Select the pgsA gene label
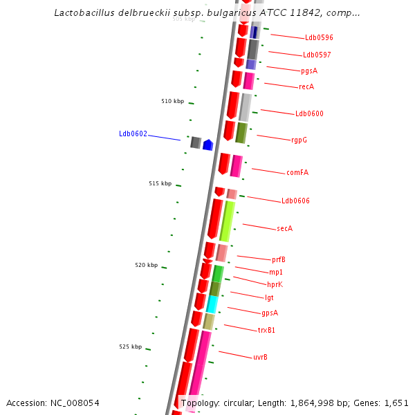coord(309,71)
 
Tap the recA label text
coord(306,87)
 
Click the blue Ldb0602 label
coord(133,134)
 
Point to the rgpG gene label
coord(299,140)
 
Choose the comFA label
coord(297,172)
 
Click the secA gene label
coord(284,228)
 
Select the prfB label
coord(279,260)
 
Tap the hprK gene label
coord(275,284)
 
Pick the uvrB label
coord(260,357)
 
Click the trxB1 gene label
coord(266,330)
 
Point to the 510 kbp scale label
coord(173,101)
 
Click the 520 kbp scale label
coord(146,265)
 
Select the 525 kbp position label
coord(130,347)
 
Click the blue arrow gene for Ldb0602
coord(207,145)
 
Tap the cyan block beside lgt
coord(212,304)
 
